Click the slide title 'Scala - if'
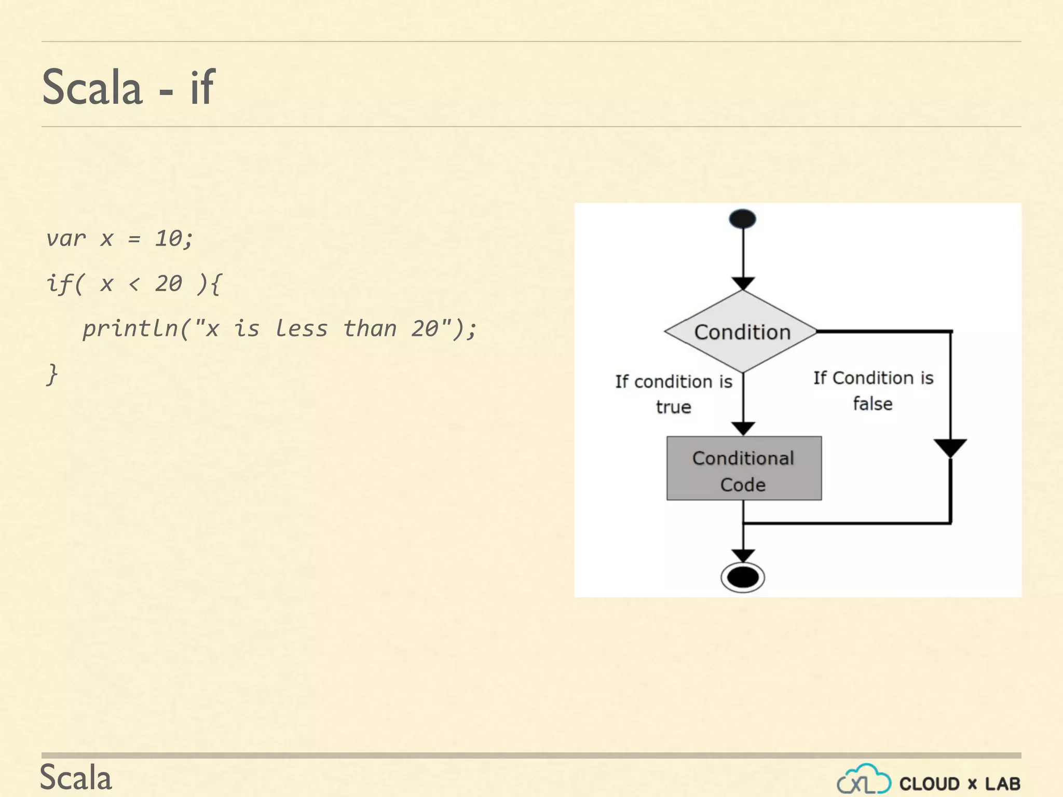[128, 87]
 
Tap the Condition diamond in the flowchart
[742, 332]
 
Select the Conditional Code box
[744, 469]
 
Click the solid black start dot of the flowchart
[742, 219]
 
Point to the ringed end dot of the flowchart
[743, 577]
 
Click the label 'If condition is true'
[674, 394]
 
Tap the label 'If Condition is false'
[873, 390]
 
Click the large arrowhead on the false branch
[950, 447]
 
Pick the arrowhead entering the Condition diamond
[743, 283]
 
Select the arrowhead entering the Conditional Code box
[743, 429]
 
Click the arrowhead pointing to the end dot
[743, 555]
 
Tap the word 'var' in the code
[66, 239]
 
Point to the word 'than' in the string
[370, 329]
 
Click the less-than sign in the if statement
[134, 284]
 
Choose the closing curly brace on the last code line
[52, 374]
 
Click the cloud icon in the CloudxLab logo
[864, 780]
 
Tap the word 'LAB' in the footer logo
[1003, 784]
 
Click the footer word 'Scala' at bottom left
[76, 778]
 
